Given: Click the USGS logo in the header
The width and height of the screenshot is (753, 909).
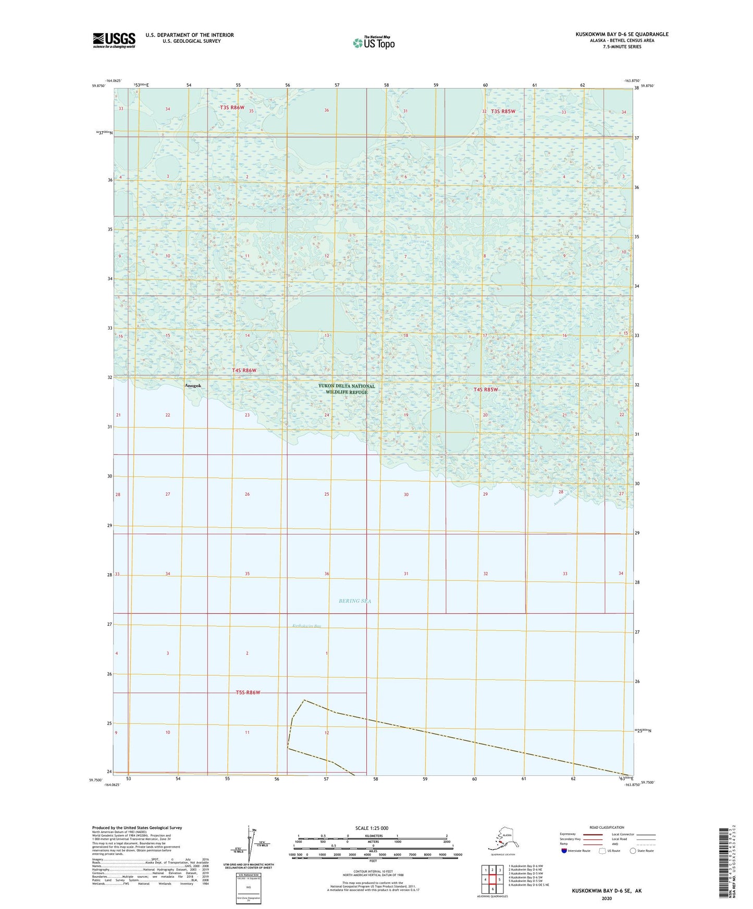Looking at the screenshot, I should click(x=114, y=40).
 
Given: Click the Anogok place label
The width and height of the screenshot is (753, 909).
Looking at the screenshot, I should click(x=193, y=386).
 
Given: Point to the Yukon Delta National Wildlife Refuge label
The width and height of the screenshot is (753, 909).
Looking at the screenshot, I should click(x=347, y=389).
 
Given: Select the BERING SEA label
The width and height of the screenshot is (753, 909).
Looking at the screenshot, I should click(x=355, y=601).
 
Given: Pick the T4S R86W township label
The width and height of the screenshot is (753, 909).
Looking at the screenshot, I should click(x=244, y=370).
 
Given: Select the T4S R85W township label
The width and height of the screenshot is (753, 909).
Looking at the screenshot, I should click(x=486, y=389).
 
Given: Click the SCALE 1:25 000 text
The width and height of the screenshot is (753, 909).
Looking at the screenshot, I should click(x=372, y=828).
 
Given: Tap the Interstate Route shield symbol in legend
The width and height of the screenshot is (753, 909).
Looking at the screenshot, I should click(x=564, y=851).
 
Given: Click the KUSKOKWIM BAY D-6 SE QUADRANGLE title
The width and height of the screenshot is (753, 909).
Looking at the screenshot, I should click(x=622, y=34).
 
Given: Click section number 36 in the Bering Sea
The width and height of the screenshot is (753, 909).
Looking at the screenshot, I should click(x=327, y=574).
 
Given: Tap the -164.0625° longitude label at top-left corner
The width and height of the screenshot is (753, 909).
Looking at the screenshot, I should click(x=113, y=81).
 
